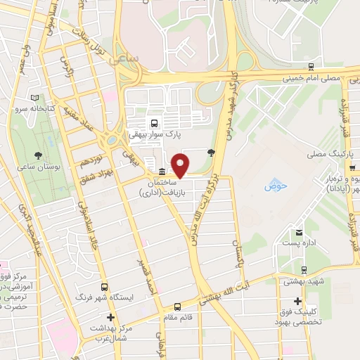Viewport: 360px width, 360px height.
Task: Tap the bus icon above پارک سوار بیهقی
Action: (153, 122)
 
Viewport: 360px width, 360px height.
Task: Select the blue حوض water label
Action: (275, 186)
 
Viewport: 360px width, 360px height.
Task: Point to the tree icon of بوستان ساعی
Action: (38, 155)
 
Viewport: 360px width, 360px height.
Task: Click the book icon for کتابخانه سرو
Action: (34, 98)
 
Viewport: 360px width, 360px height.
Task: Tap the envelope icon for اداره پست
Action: (299, 233)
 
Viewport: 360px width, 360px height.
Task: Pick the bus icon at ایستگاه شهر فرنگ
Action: (105, 287)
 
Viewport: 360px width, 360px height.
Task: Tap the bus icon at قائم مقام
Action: (178, 307)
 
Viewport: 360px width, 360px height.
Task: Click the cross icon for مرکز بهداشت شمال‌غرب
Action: (110, 318)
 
